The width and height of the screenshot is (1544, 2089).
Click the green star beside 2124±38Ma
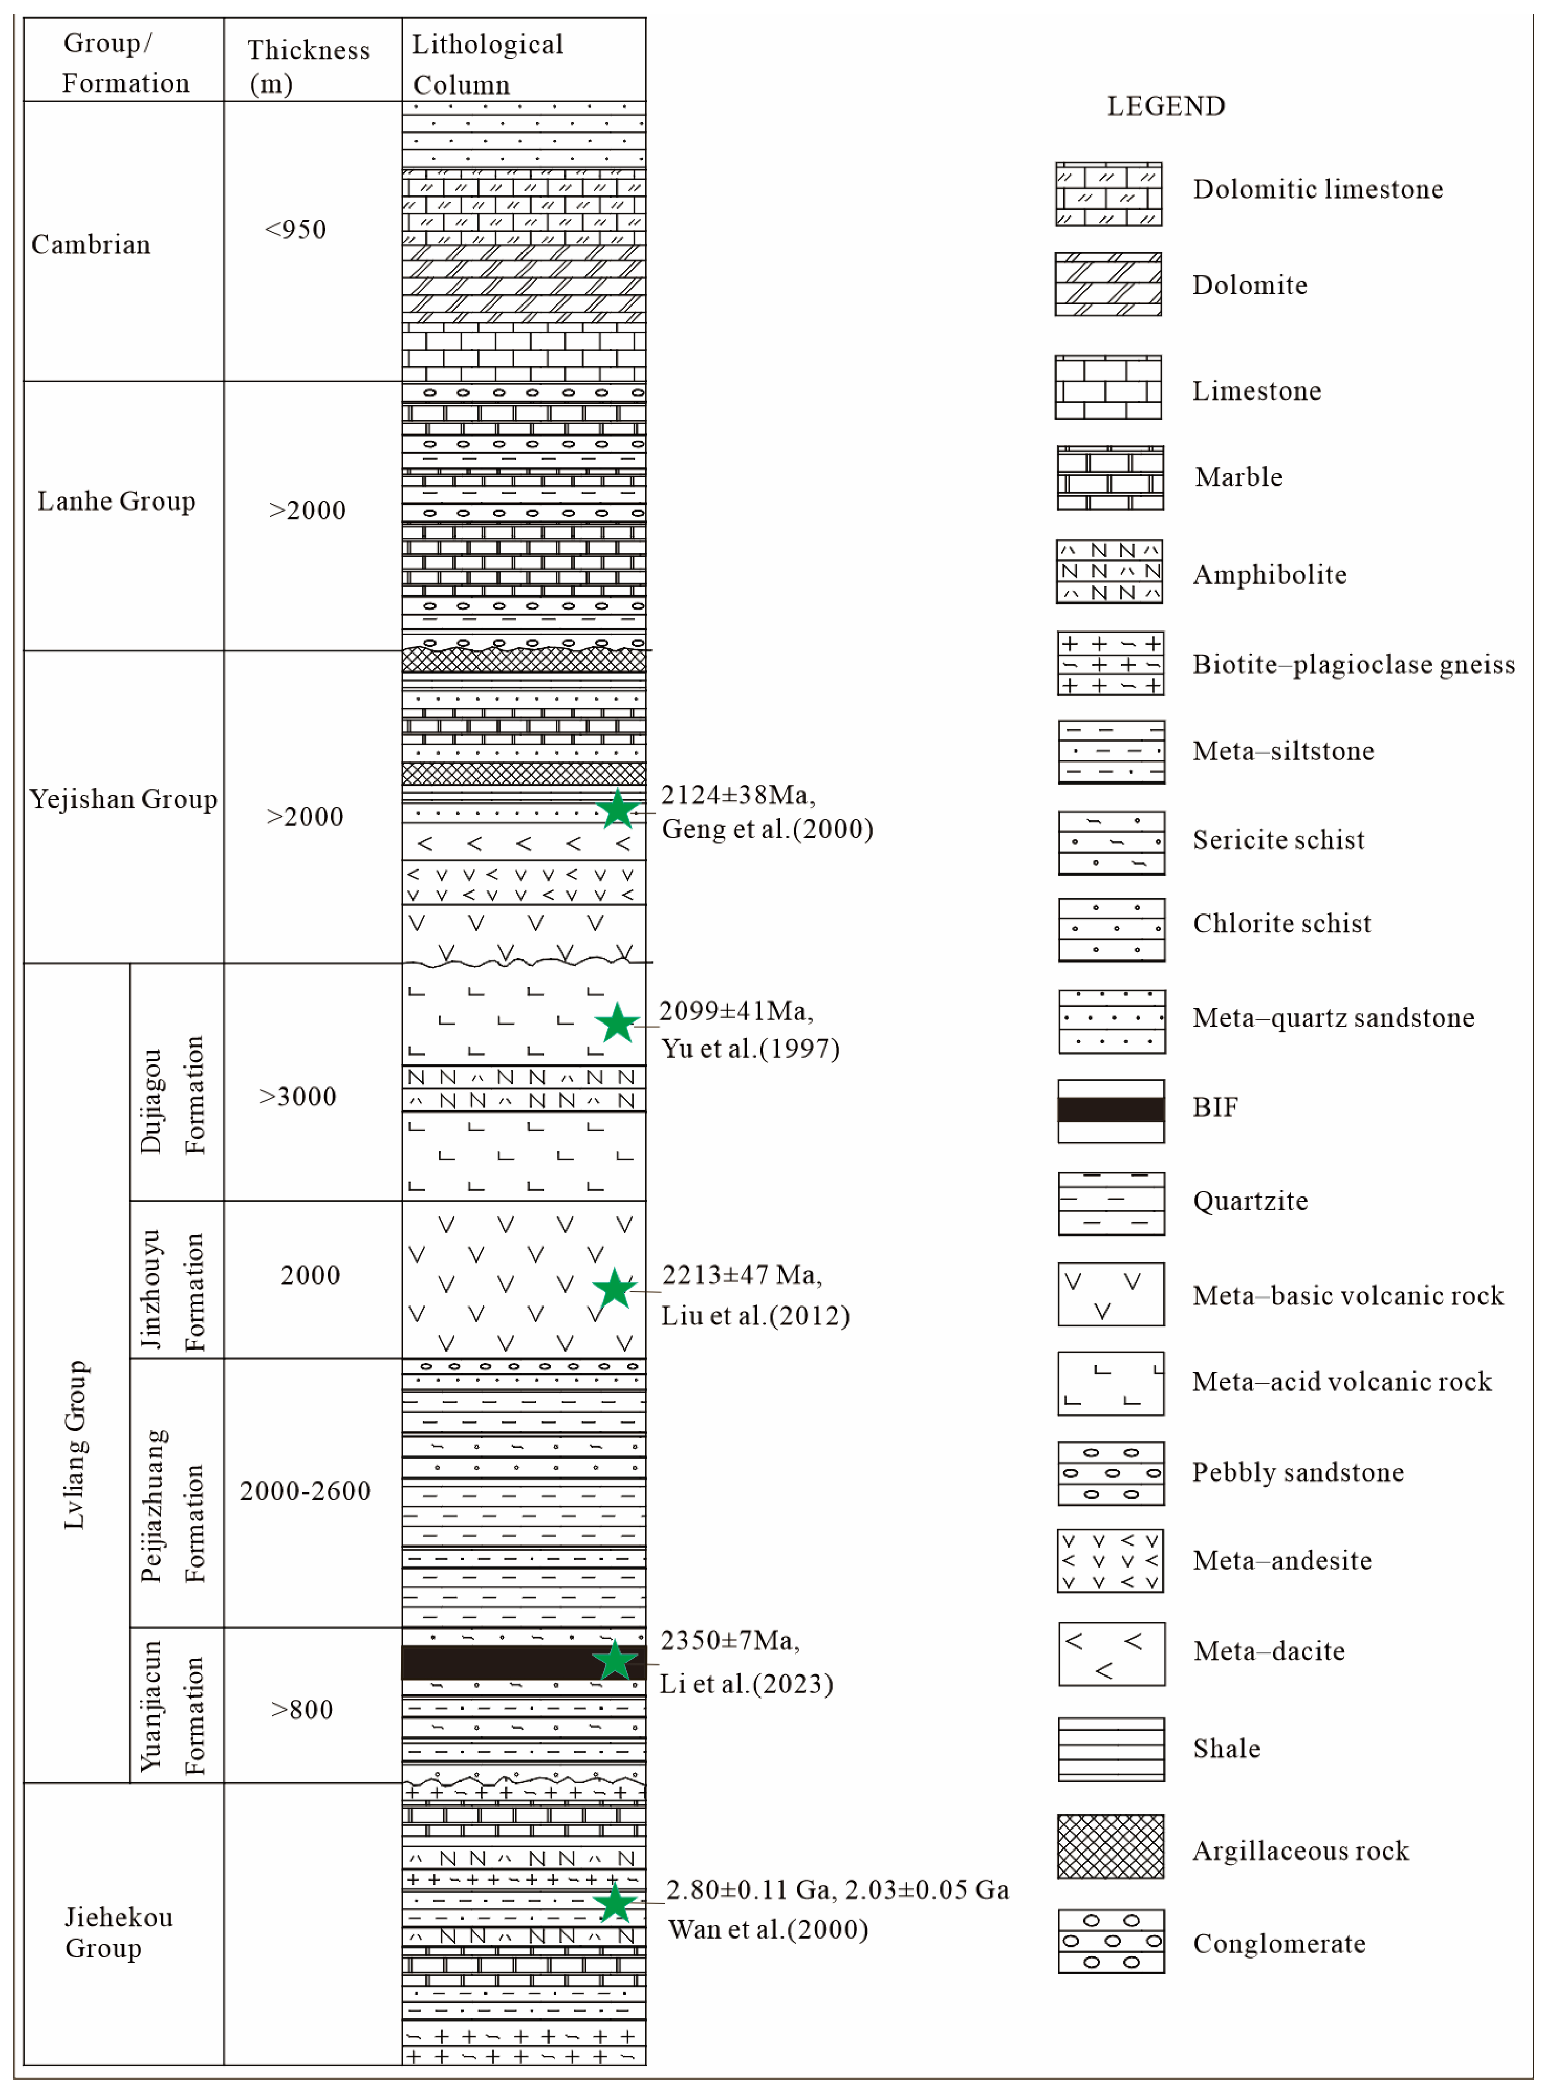(x=618, y=810)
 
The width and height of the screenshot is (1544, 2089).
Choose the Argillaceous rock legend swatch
(x=1111, y=1846)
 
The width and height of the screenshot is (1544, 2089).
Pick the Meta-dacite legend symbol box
(x=1111, y=1653)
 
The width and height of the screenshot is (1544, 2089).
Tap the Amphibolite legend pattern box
(x=1110, y=571)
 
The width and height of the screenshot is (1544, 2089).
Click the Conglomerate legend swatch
(x=1111, y=1941)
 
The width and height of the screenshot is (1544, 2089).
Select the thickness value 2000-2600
(x=306, y=1491)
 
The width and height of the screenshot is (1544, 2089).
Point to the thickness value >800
(x=302, y=1709)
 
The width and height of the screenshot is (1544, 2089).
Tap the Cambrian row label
(x=91, y=245)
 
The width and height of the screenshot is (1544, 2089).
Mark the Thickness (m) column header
(x=309, y=66)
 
